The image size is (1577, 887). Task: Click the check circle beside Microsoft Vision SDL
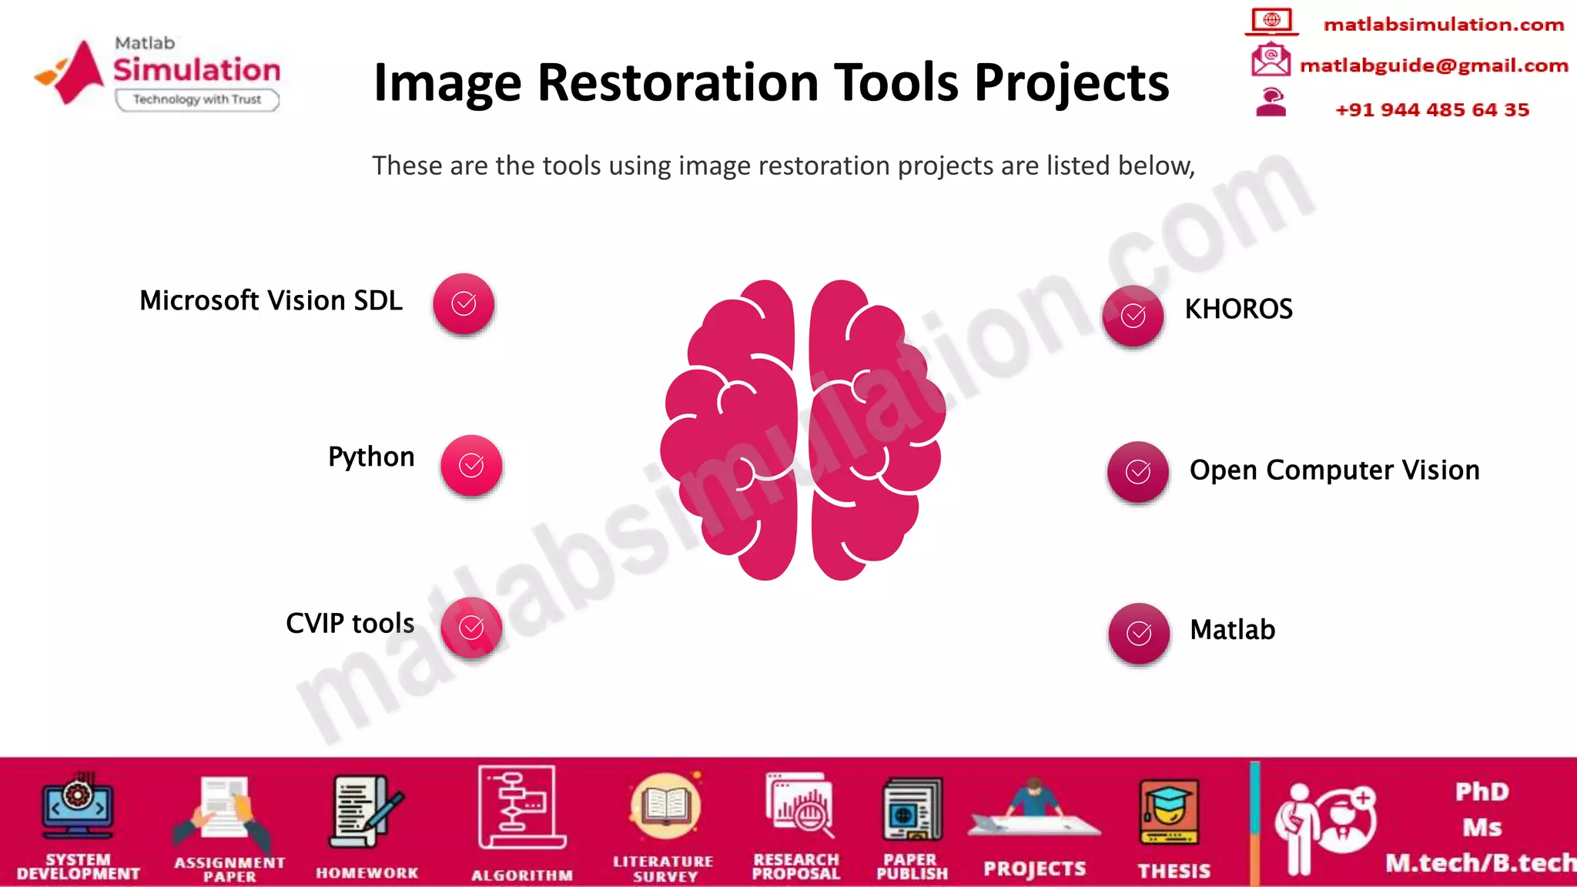click(464, 303)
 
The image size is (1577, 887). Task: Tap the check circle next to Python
click(471, 465)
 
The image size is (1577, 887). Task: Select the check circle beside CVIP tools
click(471, 628)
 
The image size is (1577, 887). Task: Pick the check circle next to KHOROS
click(1133, 315)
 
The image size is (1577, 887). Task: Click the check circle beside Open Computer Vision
click(1138, 471)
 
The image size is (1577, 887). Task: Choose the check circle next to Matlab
click(1139, 633)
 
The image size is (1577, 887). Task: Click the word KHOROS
click(1238, 309)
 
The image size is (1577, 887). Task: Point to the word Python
click(371, 457)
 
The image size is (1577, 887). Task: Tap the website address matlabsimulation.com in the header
click(1444, 25)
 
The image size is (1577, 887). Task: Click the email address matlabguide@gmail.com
click(1434, 65)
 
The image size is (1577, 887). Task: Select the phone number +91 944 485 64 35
click(1432, 109)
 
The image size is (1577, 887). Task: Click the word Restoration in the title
click(678, 82)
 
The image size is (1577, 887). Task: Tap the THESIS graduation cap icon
click(1170, 812)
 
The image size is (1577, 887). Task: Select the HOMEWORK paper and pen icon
click(365, 811)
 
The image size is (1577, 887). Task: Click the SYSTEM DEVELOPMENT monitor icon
click(78, 807)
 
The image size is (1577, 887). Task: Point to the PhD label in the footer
click(1482, 792)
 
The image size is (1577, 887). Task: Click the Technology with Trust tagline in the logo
click(197, 99)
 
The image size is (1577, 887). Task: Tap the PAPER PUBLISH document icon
click(912, 810)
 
